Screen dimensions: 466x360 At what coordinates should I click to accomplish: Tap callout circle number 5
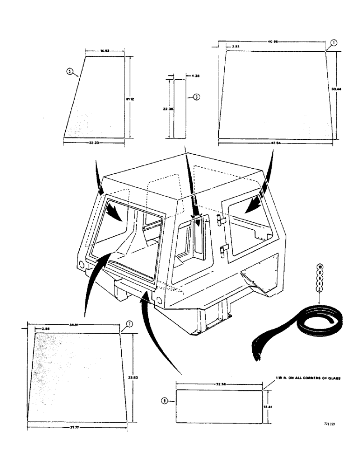(x=70, y=71)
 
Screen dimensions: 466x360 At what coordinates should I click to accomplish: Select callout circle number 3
(x=196, y=97)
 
